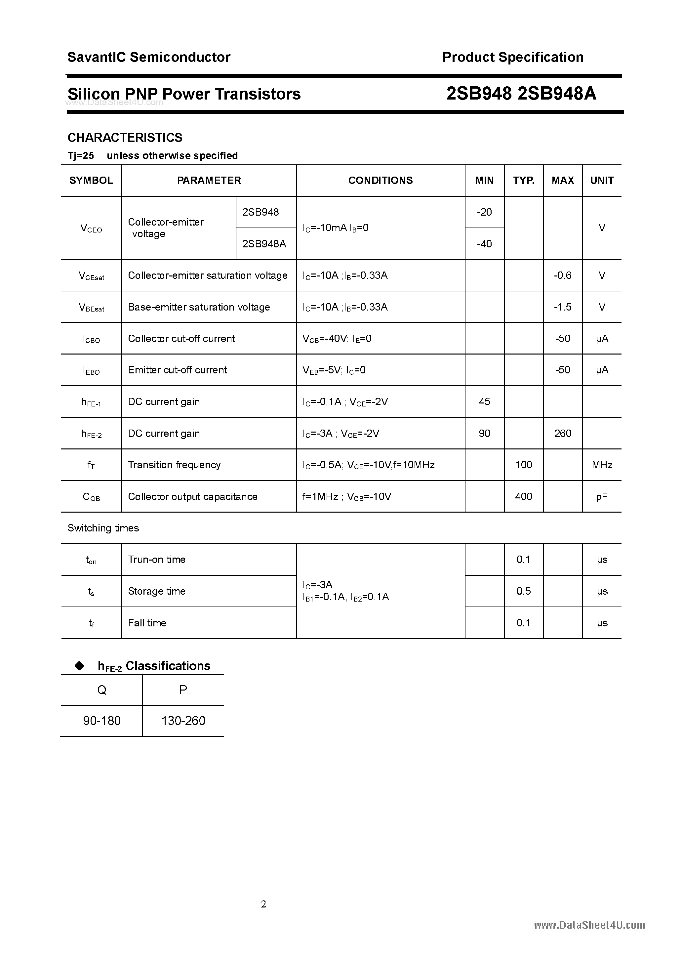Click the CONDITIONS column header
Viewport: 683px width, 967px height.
click(380, 180)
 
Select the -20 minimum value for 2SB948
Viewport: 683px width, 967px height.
click(484, 212)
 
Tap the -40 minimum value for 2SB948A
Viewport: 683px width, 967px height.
click(484, 244)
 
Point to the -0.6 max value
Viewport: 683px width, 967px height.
click(563, 275)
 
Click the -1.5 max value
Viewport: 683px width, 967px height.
click(563, 307)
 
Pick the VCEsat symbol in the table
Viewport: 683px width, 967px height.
click(91, 276)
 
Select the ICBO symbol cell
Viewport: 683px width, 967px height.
click(91, 339)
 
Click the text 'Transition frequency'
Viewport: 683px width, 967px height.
click(174, 465)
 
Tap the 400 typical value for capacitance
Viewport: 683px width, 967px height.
click(523, 496)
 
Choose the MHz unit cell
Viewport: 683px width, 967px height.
click(602, 465)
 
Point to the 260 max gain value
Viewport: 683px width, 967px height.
click(563, 433)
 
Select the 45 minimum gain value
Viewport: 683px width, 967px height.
click(484, 402)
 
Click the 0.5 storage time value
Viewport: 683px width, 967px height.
click(523, 591)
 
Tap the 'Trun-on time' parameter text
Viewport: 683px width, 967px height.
click(157, 560)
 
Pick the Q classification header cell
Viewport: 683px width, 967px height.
click(102, 690)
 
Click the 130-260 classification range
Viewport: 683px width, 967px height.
click(183, 721)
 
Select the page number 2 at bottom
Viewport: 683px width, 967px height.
click(263, 904)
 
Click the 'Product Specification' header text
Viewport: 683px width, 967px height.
click(512, 57)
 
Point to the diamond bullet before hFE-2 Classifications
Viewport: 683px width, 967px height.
click(79, 665)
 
